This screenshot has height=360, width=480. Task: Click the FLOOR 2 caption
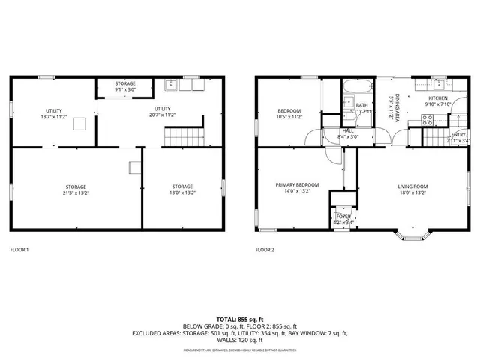[265, 249]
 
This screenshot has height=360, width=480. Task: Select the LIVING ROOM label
[412, 186]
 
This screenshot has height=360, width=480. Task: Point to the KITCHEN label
[437, 98]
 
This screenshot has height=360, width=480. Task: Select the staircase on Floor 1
[184, 136]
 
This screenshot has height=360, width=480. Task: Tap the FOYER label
[343, 216]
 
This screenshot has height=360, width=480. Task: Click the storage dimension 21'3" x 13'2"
[75, 193]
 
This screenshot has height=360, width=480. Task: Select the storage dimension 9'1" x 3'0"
[125, 90]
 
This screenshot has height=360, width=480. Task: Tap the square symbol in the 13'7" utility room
[79, 125]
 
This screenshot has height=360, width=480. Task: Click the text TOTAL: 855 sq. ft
[240, 319]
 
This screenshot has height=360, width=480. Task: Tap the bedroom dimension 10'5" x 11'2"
[289, 117]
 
